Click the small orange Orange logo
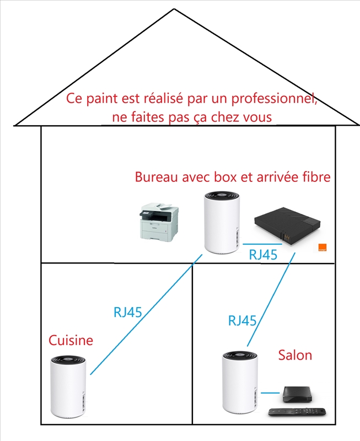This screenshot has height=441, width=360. tap(323, 248)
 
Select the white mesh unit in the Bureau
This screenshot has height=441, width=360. tap(222, 223)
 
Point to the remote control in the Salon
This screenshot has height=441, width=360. tap(297, 412)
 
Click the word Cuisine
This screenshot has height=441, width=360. tap(71, 340)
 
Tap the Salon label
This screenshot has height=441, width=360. tap(295, 355)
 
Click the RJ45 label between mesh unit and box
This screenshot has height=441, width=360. tap(263, 255)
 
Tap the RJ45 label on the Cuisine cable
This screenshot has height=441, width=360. tap(128, 312)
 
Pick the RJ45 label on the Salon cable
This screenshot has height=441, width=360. tap(242, 321)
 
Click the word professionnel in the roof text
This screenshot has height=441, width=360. tap(274, 99)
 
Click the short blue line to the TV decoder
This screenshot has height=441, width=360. tap(270, 393)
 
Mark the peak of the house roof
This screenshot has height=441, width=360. tap(174, 9)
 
